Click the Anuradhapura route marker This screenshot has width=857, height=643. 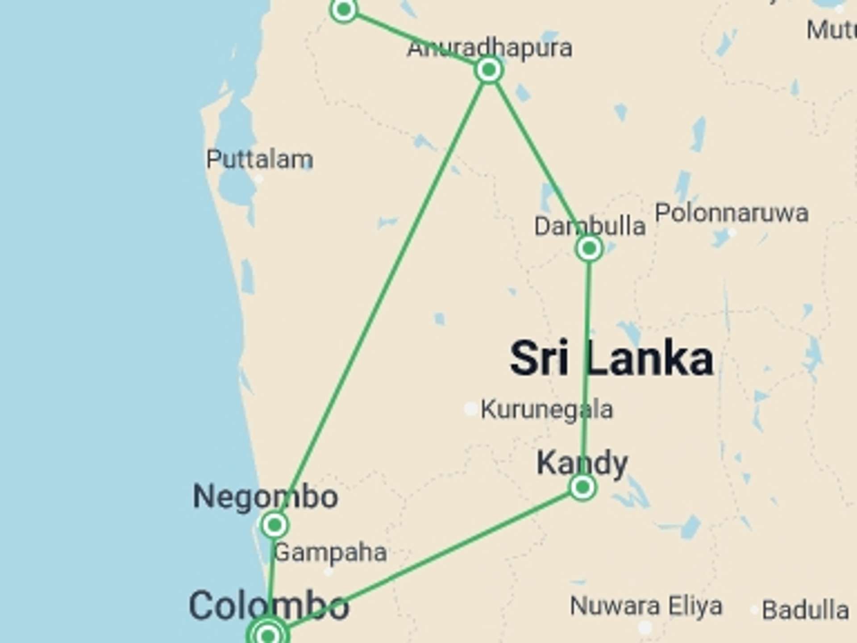coord(489,70)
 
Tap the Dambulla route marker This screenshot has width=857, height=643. coord(589,248)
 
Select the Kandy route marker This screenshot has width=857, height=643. coord(582,487)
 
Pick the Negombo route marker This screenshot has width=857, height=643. coord(275,525)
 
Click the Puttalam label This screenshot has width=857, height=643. coord(259,159)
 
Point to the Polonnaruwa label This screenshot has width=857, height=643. coord(732,213)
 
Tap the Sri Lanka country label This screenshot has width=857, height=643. coord(612,359)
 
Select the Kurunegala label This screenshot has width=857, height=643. coord(546,409)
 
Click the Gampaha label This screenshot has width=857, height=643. coord(330,552)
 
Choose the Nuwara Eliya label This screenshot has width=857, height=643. coord(646,606)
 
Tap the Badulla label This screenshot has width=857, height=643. coord(805,610)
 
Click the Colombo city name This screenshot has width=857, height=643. coord(269,605)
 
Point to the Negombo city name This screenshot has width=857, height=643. coord(265,497)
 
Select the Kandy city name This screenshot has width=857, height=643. coord(582,463)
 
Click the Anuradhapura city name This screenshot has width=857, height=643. coord(489,48)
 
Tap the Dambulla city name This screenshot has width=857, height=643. coord(590,226)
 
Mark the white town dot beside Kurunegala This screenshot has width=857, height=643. coord(470,408)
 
